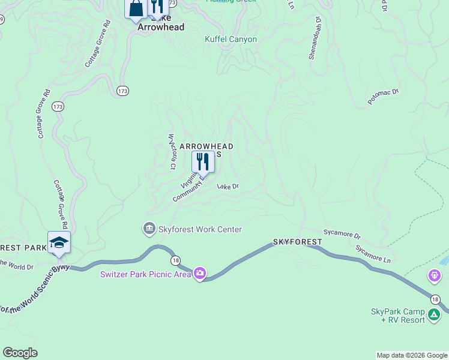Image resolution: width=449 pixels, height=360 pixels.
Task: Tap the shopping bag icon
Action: [136, 8]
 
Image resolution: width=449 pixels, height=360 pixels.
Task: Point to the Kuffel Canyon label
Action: [231, 40]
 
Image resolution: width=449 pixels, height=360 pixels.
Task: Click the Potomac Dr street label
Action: [384, 97]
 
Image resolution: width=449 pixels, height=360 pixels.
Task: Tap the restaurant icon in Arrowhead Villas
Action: [203, 161]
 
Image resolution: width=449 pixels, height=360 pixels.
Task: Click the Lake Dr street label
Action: [228, 187]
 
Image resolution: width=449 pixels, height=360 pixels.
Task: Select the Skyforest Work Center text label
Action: [200, 229]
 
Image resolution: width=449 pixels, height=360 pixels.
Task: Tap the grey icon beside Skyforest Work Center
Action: [149, 229]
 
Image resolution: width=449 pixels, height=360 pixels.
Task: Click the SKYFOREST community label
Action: [297, 241]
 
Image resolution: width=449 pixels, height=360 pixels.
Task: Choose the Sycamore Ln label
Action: [373, 253]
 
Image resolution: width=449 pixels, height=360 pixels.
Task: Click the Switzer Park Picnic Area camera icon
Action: [199, 274]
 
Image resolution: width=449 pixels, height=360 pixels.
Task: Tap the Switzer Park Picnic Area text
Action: [145, 274]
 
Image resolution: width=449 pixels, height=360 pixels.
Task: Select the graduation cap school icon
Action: [59, 242]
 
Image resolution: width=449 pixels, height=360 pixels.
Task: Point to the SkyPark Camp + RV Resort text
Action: [398, 316]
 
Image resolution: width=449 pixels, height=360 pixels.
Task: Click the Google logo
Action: [20, 353]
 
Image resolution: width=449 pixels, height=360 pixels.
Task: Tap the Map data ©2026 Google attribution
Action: [412, 355]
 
